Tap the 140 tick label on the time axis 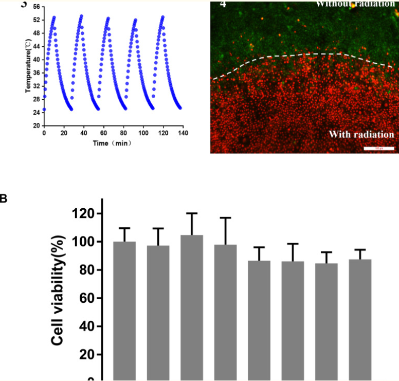pos(183,133)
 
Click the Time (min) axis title pos(112,143)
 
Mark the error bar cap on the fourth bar pos(225,218)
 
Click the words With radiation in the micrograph pos(361,135)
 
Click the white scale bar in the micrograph pos(379,149)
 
